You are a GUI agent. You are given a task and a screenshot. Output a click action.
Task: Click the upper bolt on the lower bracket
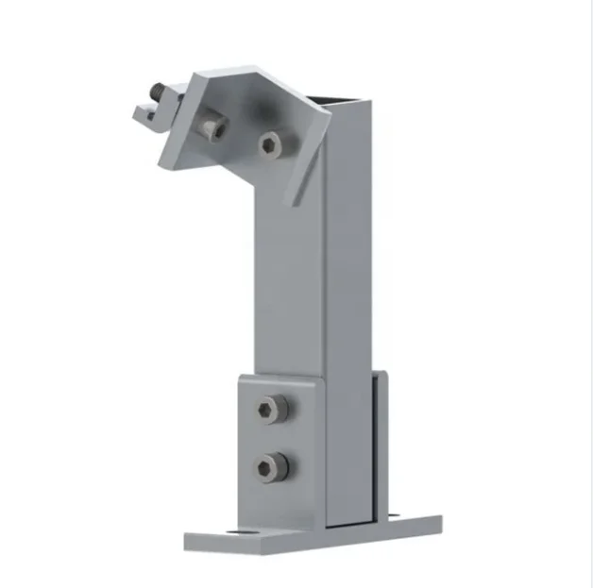tap(272, 409)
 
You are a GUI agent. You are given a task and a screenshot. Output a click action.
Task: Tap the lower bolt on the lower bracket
tap(272, 465)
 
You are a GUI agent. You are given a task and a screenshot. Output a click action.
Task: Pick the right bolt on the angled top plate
tap(271, 143)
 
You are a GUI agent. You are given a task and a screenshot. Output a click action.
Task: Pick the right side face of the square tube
tap(349, 283)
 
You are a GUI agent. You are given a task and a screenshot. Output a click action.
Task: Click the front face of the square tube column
tap(287, 283)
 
